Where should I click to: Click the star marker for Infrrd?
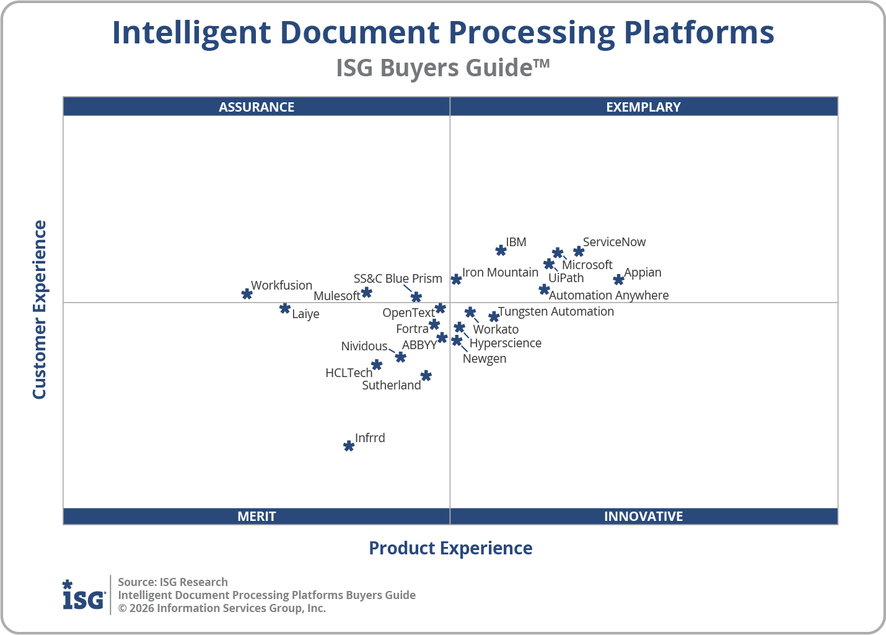349,446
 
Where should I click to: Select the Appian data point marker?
618,280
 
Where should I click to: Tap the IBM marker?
501,251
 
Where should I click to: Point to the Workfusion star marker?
247,293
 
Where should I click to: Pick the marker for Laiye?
285,308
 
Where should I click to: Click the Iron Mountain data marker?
456,279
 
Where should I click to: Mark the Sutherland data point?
426,376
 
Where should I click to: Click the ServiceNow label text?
614,242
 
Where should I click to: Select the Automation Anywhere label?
608,295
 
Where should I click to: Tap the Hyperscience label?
506,343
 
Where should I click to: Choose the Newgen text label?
485,358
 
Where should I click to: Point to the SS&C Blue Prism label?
398,278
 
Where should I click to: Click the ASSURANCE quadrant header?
257,107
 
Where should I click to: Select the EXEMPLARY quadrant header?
643,107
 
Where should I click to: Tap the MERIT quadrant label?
257,516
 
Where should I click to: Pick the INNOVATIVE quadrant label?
643,516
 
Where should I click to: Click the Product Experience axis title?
450,548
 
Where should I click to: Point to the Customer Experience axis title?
40,310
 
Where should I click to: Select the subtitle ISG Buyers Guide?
442,68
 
